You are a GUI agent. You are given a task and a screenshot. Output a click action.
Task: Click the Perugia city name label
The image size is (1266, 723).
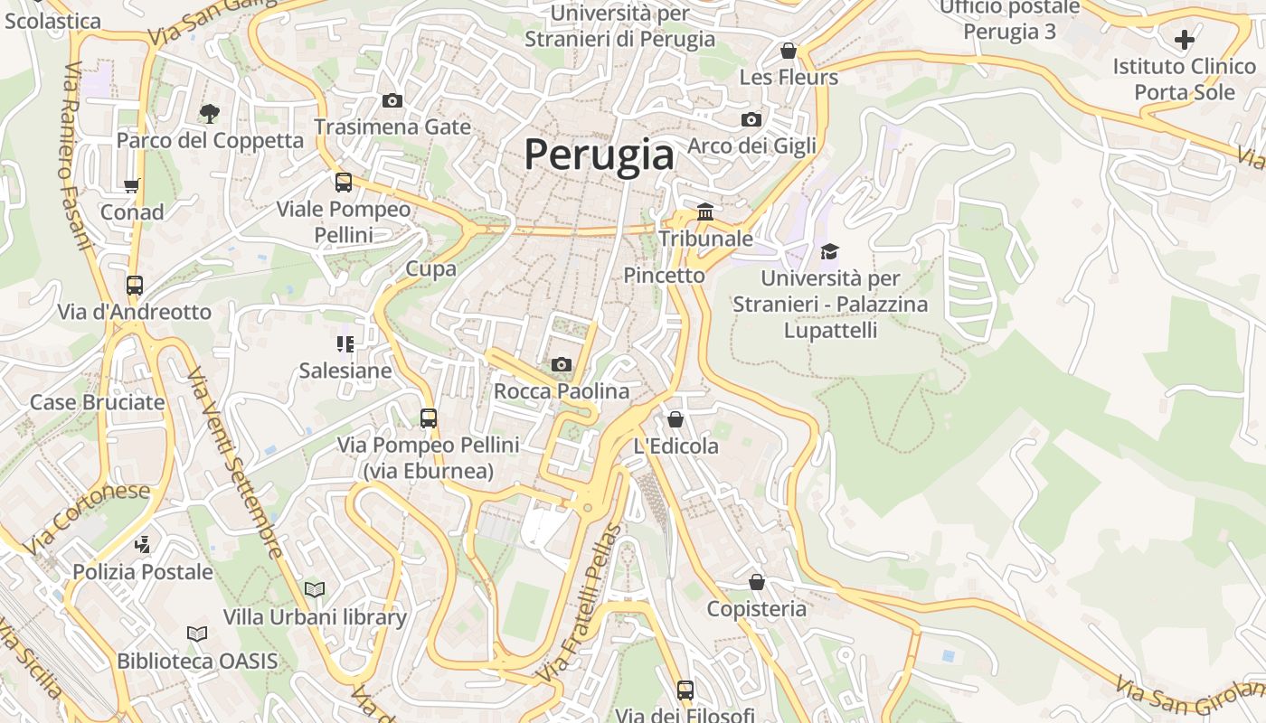[x=599, y=155]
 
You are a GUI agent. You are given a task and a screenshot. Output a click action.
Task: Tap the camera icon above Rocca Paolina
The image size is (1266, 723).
[x=562, y=364]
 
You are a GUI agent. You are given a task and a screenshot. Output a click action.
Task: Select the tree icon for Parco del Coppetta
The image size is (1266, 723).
[x=210, y=113]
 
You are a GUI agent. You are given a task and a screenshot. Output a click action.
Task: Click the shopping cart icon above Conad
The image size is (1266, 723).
[x=132, y=185]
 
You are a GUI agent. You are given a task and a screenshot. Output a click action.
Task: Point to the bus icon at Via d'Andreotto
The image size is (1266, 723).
[x=135, y=286]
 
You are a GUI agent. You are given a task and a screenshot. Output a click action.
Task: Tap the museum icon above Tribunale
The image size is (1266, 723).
[x=705, y=211]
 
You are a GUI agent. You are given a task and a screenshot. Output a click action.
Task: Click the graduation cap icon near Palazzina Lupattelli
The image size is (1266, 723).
[x=829, y=251]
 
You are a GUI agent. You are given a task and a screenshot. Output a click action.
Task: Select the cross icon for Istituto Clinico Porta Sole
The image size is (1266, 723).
[x=1185, y=40]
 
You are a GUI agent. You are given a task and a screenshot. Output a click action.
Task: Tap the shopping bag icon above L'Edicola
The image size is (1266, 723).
[x=675, y=419]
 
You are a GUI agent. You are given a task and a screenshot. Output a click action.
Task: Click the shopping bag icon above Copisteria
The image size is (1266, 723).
[x=756, y=582]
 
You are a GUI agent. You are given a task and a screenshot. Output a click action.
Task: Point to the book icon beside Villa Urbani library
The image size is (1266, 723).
[x=315, y=589]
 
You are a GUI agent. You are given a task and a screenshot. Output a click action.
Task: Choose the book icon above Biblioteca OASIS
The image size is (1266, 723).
[x=197, y=634]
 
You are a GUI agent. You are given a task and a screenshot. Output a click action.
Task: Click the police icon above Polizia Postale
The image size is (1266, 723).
[x=142, y=544]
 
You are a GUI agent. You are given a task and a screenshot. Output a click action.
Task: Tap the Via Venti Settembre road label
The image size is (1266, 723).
[x=235, y=462]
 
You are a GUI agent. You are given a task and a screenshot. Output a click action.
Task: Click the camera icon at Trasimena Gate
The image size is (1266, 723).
[x=392, y=100]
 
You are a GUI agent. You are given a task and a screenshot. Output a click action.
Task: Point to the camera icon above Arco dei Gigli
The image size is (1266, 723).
[x=751, y=119]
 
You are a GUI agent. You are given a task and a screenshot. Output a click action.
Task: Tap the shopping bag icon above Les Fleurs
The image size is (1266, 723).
[x=789, y=51]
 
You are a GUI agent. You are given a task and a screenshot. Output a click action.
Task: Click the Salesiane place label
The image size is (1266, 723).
[x=345, y=371]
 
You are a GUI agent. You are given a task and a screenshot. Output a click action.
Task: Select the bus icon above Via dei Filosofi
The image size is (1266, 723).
[x=685, y=690]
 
